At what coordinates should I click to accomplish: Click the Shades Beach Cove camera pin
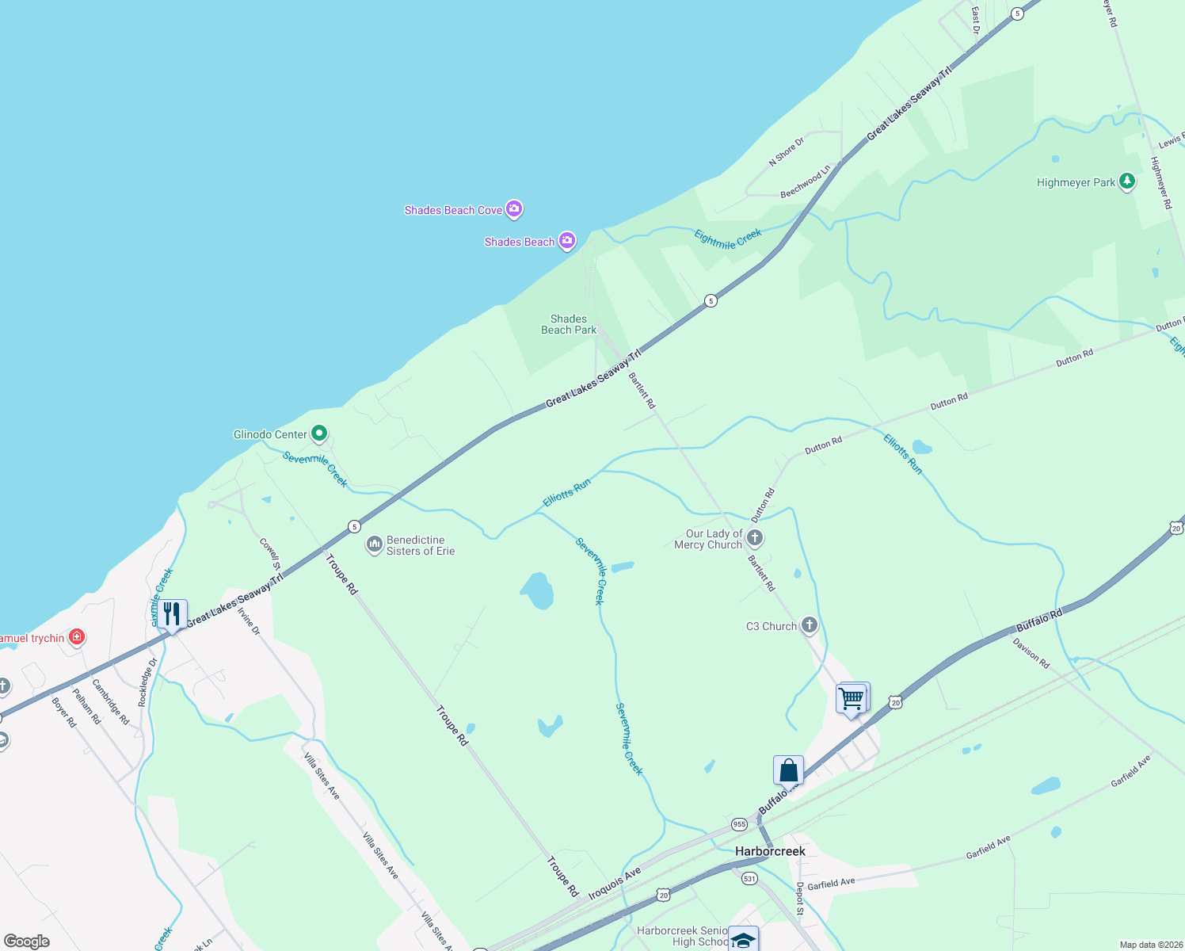click(514, 209)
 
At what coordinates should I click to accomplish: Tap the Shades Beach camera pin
click(566, 241)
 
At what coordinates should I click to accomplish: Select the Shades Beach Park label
click(569, 324)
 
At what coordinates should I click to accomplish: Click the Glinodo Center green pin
click(319, 433)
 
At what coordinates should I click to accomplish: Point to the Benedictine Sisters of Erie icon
click(374, 545)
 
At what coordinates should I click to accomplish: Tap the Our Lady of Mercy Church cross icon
click(755, 539)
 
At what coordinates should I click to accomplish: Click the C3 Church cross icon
click(809, 625)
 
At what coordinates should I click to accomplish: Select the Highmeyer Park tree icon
click(1126, 181)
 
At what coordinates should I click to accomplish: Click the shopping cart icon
click(852, 699)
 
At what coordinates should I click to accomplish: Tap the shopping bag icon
click(788, 770)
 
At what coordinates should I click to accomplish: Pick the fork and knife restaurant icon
click(172, 614)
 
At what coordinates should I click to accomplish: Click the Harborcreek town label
click(770, 851)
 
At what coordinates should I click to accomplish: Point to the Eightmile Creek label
click(728, 239)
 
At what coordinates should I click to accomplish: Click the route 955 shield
click(739, 824)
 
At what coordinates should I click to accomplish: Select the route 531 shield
click(750, 878)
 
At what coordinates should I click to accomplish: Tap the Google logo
click(27, 941)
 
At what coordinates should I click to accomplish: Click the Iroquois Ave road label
click(614, 884)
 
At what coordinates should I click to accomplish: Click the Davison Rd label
click(1031, 653)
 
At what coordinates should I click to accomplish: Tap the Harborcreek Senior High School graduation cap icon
click(743, 939)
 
